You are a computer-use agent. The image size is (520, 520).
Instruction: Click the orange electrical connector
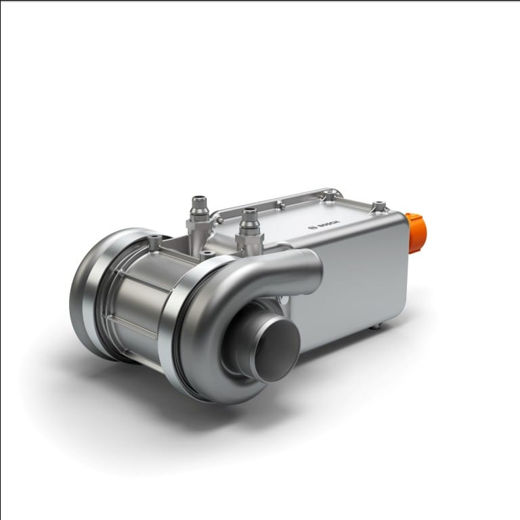tap(416, 232)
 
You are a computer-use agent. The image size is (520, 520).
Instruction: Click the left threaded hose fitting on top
tap(199, 206)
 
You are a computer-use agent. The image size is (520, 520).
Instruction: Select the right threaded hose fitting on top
tap(248, 220)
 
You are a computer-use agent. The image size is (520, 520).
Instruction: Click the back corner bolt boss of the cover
tap(330, 196)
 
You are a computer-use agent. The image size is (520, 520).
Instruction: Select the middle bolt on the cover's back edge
tap(278, 203)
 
